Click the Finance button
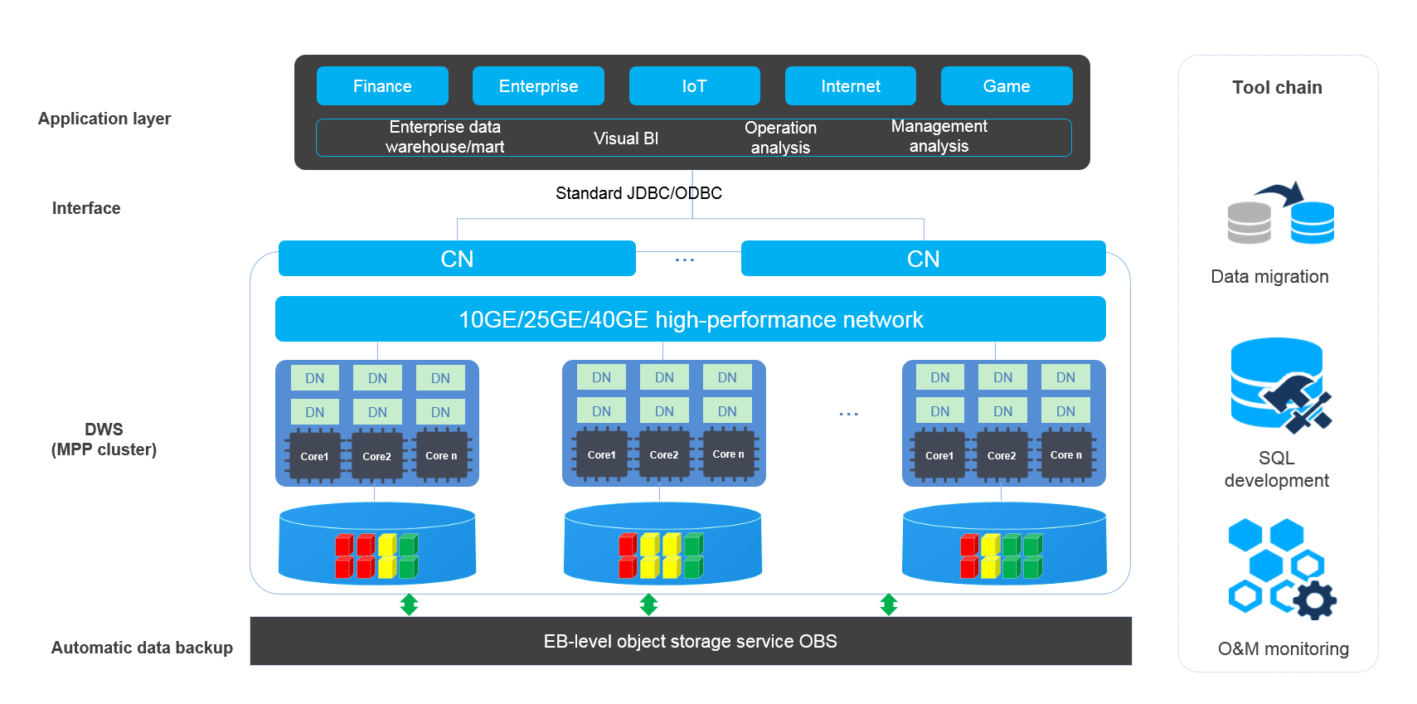(x=382, y=86)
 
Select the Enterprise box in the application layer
(x=538, y=86)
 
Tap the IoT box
(x=694, y=86)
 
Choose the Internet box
(x=850, y=86)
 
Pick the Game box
(x=1006, y=86)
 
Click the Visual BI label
(x=626, y=138)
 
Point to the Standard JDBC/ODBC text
(x=638, y=193)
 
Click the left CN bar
(x=457, y=259)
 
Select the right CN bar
(x=923, y=259)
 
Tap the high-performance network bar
(x=690, y=319)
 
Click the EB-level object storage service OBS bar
(x=690, y=641)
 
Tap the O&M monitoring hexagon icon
(x=1280, y=570)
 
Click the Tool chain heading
(x=1277, y=88)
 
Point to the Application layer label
(x=104, y=119)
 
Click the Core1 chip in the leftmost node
(x=314, y=455)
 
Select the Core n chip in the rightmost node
(x=1066, y=454)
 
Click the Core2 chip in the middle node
(x=664, y=454)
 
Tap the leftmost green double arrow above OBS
(x=409, y=604)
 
